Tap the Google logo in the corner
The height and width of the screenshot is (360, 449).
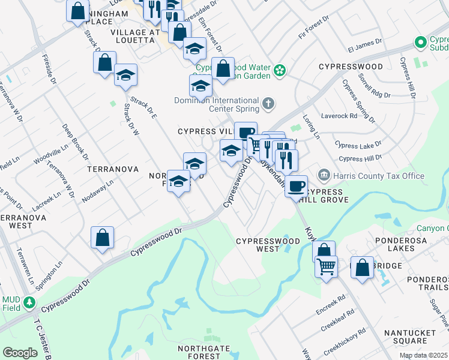(x=20, y=353)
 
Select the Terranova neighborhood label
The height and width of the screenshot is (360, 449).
(x=113, y=170)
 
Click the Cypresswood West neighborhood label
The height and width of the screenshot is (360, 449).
(x=268, y=245)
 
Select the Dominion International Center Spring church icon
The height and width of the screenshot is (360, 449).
(x=269, y=105)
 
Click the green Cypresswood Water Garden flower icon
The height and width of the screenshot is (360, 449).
(x=279, y=71)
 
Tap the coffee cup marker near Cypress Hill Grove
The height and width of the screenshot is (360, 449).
(x=296, y=186)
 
